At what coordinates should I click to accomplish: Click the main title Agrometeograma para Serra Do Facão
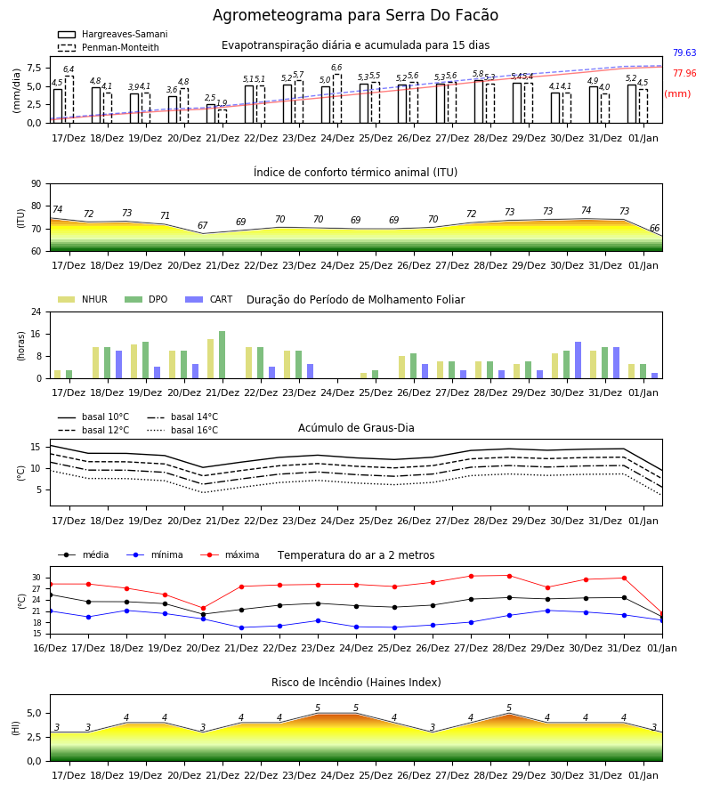coord(355,15)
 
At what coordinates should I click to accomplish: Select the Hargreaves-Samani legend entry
coord(112,34)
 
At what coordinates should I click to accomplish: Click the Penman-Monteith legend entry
coord(109,47)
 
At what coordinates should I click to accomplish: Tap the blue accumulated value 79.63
coord(684,53)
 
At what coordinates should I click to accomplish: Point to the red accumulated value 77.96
coord(684,73)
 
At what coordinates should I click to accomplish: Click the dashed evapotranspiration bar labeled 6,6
coord(337,99)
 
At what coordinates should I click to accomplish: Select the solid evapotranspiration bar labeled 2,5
coord(211,114)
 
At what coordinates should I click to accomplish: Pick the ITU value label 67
coord(203,225)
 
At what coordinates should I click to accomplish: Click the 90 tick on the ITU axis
coord(36,184)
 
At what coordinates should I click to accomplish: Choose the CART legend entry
coord(209,299)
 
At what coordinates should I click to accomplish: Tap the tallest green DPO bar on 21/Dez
coord(222,355)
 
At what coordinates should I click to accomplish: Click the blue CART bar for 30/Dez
coord(578,360)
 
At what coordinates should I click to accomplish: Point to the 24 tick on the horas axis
coord(36,311)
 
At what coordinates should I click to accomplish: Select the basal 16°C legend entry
coord(182,430)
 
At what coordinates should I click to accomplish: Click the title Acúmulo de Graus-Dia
coord(356,427)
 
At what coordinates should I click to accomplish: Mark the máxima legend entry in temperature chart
coord(230,554)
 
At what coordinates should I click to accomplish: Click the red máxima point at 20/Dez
coord(203,609)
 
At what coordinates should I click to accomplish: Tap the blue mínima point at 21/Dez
coord(241,627)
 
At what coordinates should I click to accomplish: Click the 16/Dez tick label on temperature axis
coord(50,648)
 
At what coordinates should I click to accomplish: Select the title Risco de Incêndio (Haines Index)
coord(356,683)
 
